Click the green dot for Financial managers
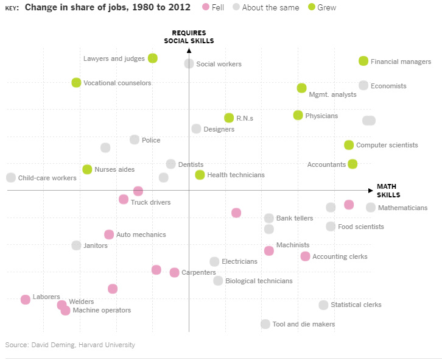click(x=363, y=61)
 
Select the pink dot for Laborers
click(x=26, y=299)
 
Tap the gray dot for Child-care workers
click(x=11, y=178)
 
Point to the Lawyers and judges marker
click(x=153, y=58)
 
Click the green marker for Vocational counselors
click(x=76, y=83)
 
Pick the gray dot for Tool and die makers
click(x=265, y=324)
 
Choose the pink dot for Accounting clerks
click(x=305, y=256)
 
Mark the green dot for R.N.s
click(x=229, y=118)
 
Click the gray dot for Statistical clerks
click(x=323, y=305)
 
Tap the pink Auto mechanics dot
click(x=109, y=235)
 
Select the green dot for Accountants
click(x=353, y=164)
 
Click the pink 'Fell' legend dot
click(x=206, y=7)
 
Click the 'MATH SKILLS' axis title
click(x=388, y=191)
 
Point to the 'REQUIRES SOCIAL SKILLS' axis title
click(x=189, y=37)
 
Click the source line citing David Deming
click(x=70, y=345)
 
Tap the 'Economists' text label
click(x=388, y=86)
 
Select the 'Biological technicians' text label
click(x=259, y=281)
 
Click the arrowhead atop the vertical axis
click(x=189, y=50)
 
